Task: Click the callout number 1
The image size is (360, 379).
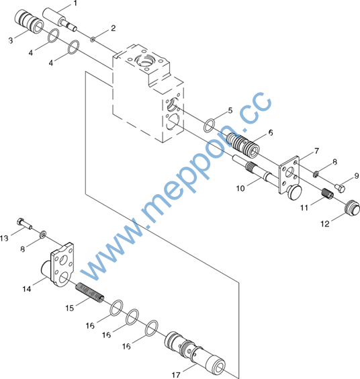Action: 75,3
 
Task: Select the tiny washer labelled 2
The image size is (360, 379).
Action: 93,39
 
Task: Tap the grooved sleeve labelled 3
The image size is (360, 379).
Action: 29,22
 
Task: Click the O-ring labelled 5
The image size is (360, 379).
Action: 209,126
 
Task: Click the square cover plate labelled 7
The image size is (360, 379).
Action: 289,174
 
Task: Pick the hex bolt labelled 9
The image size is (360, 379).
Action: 340,188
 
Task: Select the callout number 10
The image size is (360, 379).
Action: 240,188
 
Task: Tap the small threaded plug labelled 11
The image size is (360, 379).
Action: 328,194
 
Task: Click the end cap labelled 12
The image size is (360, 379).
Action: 353,208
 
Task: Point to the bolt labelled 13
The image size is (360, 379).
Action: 25,224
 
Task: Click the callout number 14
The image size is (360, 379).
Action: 27,289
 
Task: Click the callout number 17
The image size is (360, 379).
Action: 176,375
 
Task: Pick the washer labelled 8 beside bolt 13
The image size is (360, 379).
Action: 44,234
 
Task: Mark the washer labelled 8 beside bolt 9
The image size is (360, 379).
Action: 316,174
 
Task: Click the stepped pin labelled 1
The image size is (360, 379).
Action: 60,19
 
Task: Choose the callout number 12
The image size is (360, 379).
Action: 325,224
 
